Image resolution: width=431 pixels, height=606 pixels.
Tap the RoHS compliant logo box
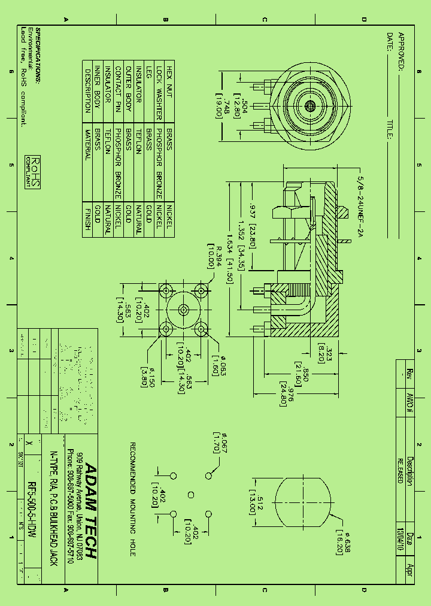click(34, 172)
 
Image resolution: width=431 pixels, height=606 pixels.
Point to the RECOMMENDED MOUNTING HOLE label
click(133, 499)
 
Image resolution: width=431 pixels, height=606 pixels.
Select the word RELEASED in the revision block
click(400, 471)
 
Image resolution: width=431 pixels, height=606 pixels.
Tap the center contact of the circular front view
click(310, 106)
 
